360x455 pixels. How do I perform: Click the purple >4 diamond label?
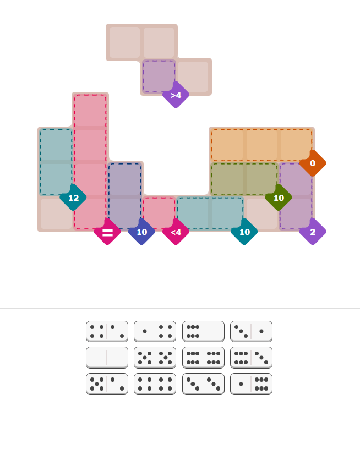click(176, 95)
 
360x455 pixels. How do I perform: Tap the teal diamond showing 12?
click(73, 198)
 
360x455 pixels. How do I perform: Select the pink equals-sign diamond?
click(107, 232)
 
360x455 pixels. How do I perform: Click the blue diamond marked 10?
click(141, 232)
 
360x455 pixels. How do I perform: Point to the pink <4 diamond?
click(176, 232)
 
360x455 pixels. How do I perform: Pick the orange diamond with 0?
click(313, 163)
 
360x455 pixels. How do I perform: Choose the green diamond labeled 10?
click(279, 198)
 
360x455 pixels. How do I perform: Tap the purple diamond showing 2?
click(313, 232)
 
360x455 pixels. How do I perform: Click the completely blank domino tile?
click(107, 358)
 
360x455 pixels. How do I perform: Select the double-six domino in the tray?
click(203, 358)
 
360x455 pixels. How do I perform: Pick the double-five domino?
click(155, 358)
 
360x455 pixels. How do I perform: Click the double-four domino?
click(155, 383)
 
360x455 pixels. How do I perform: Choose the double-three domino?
click(203, 383)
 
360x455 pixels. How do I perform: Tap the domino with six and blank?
click(203, 331)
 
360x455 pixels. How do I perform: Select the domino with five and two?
click(107, 383)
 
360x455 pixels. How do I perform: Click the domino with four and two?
click(107, 331)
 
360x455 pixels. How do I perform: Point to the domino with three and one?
click(251, 331)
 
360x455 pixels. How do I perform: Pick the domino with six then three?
click(251, 358)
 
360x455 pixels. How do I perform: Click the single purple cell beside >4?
click(159, 76)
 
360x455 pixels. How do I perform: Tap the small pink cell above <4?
click(159, 213)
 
